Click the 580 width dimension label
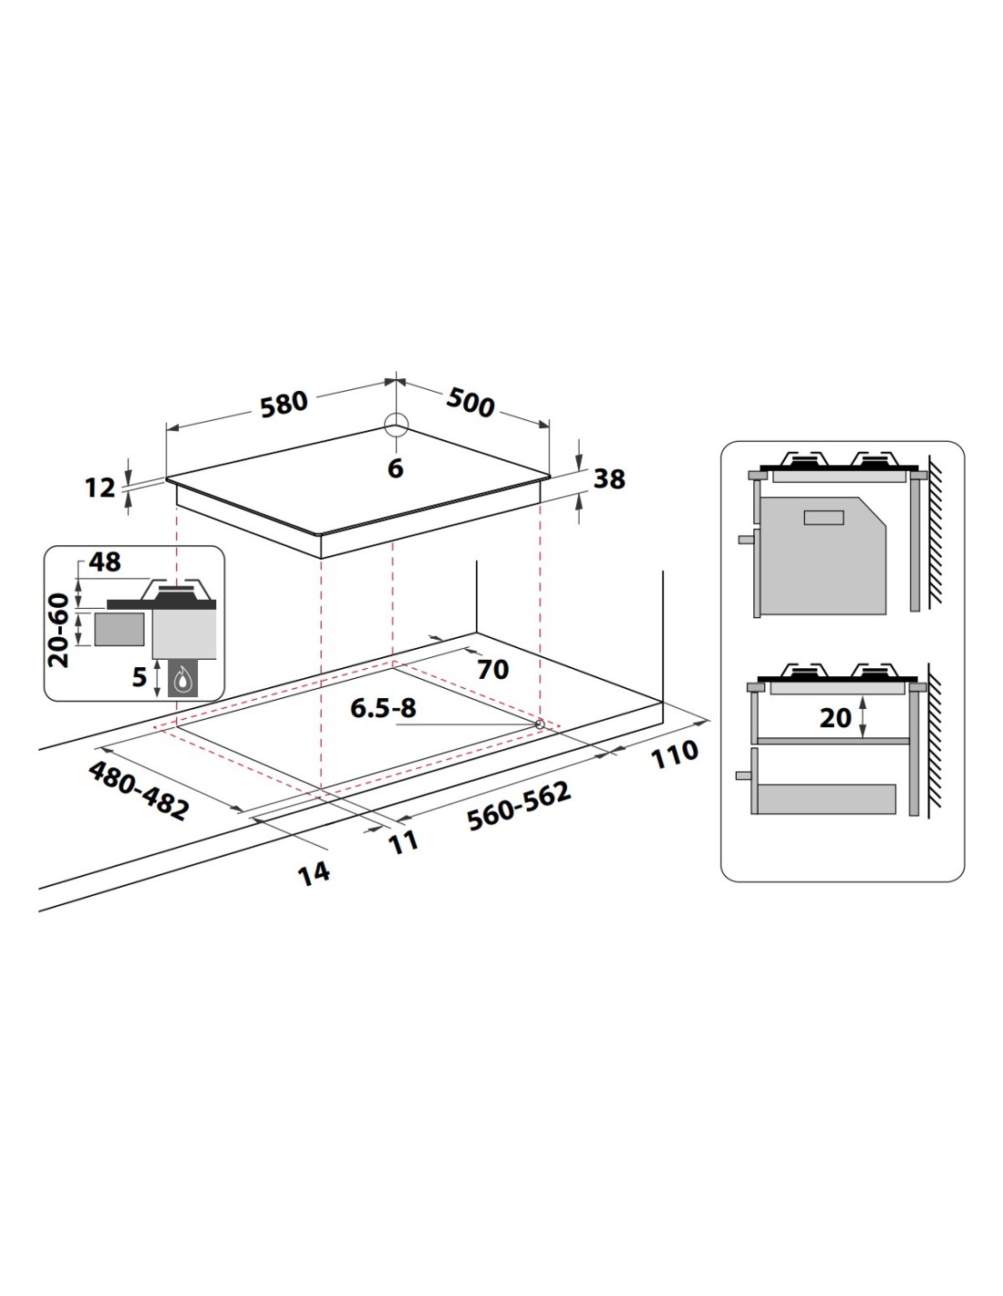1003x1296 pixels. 284,403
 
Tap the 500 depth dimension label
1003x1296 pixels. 470,402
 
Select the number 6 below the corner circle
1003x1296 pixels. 396,468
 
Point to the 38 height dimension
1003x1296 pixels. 609,478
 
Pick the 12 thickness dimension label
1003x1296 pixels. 99,488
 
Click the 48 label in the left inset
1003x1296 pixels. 105,561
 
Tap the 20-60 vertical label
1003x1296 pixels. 59,631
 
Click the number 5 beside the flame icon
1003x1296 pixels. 139,676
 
